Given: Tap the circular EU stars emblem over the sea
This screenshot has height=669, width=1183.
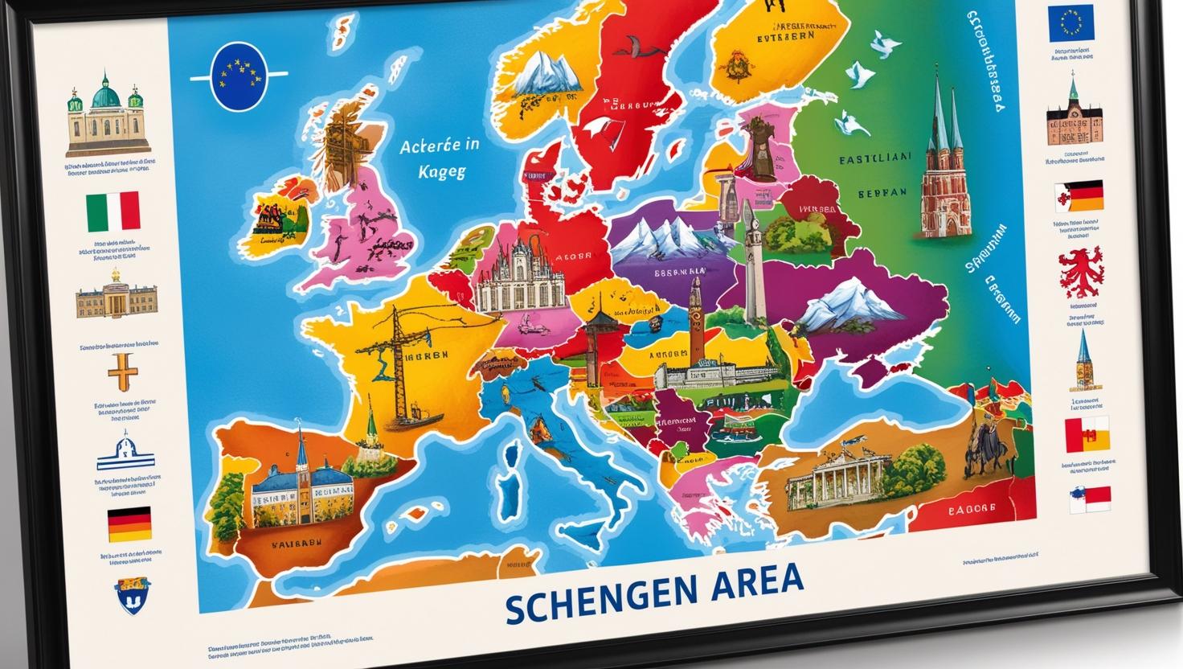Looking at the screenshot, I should click(x=238, y=77).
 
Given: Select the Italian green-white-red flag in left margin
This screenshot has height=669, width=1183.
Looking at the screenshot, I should click(x=113, y=212).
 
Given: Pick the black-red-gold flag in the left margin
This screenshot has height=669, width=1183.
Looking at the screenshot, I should click(x=129, y=524).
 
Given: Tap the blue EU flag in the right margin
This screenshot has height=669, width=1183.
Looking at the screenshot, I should click(x=1070, y=25).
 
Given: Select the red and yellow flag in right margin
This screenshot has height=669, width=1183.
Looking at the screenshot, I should click(x=1087, y=435).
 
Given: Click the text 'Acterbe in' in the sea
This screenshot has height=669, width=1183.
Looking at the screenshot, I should click(x=439, y=146).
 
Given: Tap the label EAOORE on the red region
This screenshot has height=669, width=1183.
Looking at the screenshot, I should click(x=971, y=509).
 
